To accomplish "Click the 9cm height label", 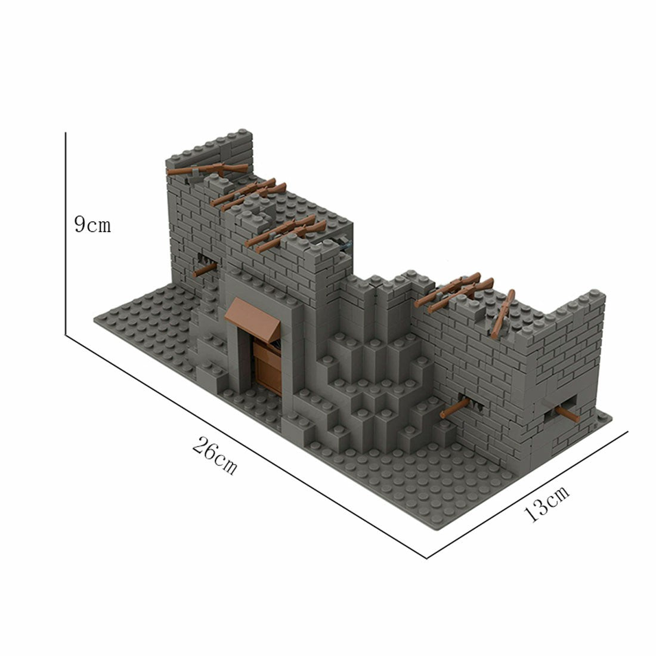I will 92,225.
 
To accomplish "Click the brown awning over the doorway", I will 250,315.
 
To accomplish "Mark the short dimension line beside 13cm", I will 528,495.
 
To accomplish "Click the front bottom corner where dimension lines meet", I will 427,558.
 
